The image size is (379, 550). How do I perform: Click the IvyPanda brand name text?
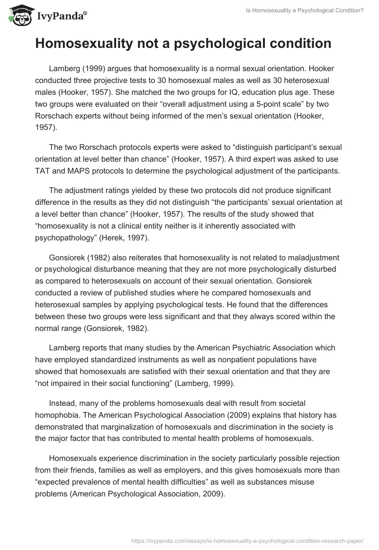[x=60, y=17]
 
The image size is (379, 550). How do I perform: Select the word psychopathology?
[x=63, y=238]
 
